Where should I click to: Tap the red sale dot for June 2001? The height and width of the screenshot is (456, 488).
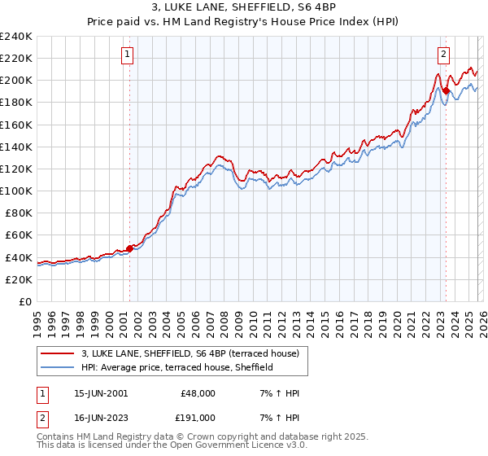pos(129,248)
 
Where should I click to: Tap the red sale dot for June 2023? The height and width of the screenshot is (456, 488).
pos(446,90)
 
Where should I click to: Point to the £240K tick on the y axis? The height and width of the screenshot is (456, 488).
pos(16,37)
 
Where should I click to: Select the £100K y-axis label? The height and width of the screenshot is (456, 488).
pos(16,191)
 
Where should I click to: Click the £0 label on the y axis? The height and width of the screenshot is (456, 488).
pos(24,301)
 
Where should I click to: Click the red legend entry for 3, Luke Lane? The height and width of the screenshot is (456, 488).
pos(190,353)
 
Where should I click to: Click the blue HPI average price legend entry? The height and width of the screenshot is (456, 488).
pos(178,367)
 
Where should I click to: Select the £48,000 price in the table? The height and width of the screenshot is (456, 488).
pos(198,393)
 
